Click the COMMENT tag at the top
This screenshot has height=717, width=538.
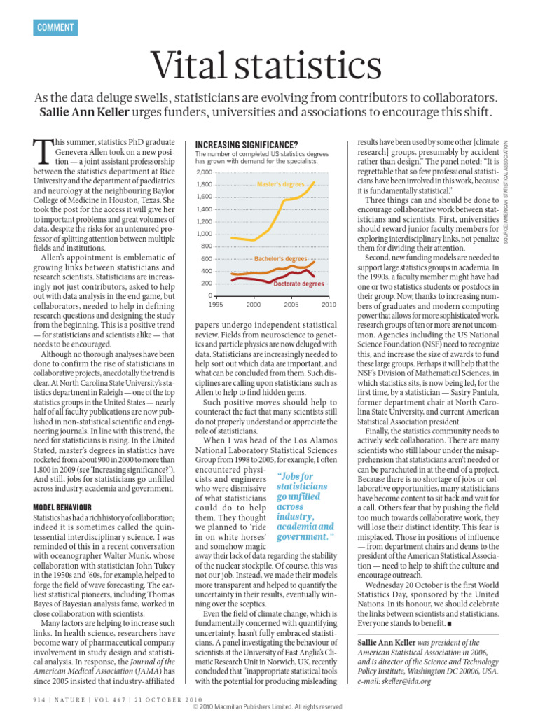[x=55, y=27]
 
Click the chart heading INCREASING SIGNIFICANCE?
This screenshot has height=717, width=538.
[x=242, y=144]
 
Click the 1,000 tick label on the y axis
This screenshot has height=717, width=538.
[x=204, y=234]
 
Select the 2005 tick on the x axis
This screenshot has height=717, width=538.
[x=291, y=305]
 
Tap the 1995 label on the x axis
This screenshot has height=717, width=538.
[x=216, y=305]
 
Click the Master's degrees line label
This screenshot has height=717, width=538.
[x=281, y=184]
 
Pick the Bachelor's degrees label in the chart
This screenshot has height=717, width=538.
[x=280, y=259]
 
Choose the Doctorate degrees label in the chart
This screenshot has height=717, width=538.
[x=298, y=284]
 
